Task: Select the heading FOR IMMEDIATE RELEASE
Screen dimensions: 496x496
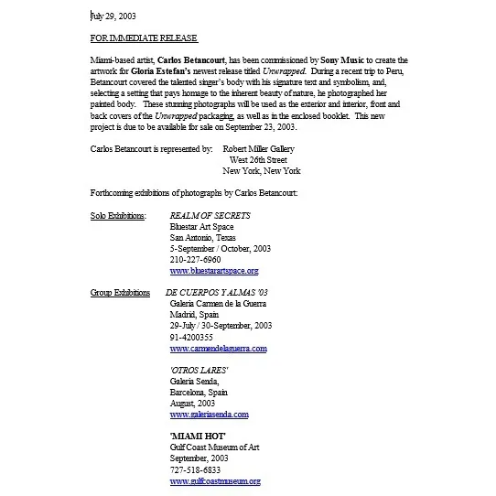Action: [144, 38]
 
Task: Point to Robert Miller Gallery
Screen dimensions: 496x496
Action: [262, 147]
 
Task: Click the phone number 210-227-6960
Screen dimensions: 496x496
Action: [195, 259]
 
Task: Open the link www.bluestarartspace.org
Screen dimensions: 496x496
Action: [214, 271]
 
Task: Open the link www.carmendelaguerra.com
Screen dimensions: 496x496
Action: [218, 349]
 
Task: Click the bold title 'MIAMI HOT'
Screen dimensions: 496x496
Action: [198, 437]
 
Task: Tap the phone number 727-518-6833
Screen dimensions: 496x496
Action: [195, 469]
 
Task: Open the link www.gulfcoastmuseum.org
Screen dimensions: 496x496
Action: [215, 481]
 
